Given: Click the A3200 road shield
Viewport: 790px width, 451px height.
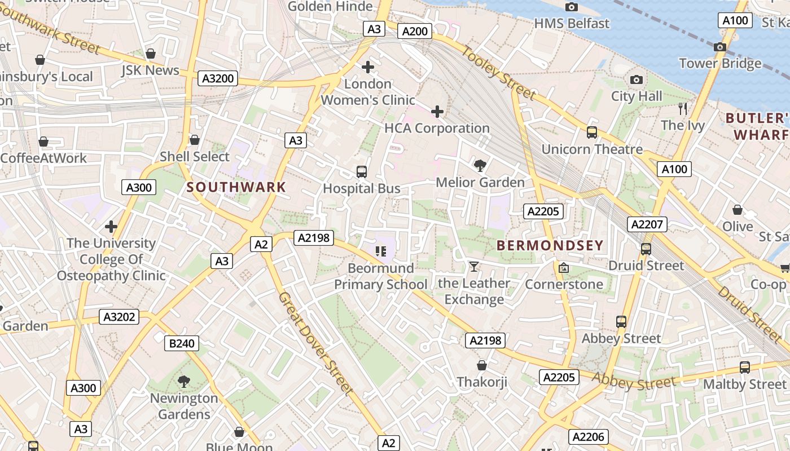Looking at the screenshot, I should coord(218,78).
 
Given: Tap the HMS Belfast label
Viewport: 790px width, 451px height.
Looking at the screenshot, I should coord(572,23).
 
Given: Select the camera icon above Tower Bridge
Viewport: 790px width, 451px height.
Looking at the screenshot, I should coord(719,47).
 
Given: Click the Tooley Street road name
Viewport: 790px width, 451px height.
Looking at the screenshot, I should coord(498,73).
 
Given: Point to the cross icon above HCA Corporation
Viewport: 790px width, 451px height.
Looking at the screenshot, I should coord(437,112).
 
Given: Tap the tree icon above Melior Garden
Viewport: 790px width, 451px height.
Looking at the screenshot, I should coord(480,166).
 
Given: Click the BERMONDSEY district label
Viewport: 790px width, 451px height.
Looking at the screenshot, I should coord(550,245).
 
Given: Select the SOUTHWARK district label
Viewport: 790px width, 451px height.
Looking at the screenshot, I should coord(236,187).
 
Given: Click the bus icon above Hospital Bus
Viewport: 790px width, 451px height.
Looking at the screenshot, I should coord(362,172).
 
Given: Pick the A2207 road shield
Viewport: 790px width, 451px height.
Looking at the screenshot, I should coord(647,224).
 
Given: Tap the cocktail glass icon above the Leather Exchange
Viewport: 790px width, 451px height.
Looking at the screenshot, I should coord(474,267).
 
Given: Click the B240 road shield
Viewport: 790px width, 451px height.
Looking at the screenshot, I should coord(182,343).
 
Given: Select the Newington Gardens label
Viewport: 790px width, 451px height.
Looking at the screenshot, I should coord(183,406).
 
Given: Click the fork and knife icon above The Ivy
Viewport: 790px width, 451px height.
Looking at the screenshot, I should coord(683,109).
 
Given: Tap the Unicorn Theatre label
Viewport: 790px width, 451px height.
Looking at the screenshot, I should coord(592,149).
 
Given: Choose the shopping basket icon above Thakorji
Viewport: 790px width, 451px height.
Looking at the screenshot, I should coord(482,365).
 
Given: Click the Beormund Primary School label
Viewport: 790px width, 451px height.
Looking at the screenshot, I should coord(381,276).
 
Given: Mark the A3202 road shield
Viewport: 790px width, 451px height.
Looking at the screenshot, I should coord(120,317).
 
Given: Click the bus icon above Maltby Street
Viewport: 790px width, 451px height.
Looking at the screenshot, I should coord(744,368).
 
